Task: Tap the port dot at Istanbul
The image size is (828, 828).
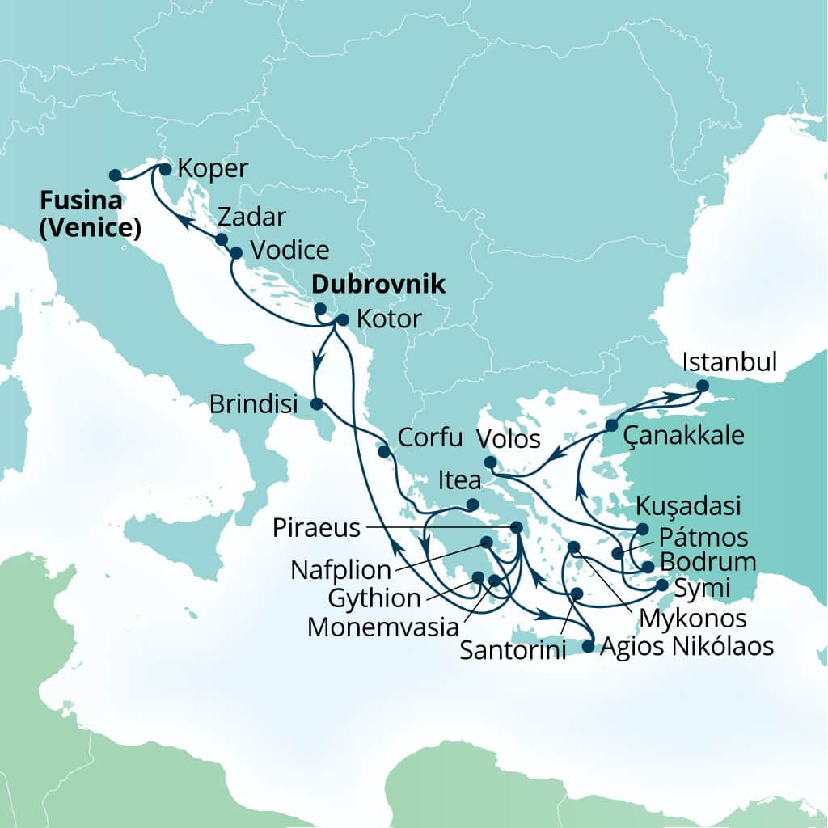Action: point(701,386)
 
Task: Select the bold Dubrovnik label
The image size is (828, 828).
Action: point(379,285)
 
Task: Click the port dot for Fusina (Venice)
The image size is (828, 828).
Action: point(115,174)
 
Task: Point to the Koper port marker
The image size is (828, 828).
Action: point(165,169)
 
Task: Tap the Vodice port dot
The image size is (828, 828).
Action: point(236,253)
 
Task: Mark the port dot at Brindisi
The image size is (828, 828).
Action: point(317,403)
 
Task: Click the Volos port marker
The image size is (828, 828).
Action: point(490,463)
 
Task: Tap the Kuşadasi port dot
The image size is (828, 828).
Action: point(643,529)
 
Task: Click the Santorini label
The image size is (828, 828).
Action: point(513,650)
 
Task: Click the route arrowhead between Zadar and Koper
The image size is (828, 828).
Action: point(184,220)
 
